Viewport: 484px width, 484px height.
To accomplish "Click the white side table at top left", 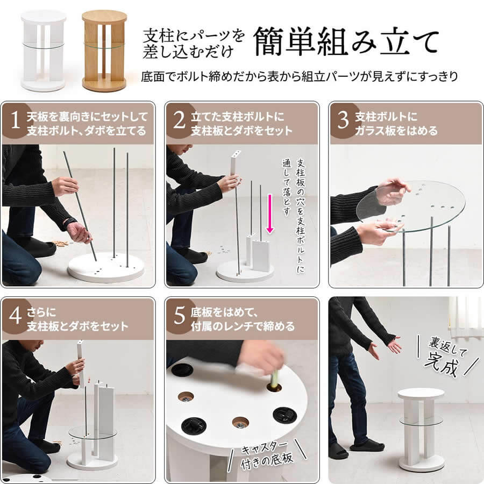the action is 44,51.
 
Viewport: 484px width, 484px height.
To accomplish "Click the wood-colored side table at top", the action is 105,51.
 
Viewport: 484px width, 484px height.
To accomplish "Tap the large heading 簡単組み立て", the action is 346,41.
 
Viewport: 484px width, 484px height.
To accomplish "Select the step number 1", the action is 15,120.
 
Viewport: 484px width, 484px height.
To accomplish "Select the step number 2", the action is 179,120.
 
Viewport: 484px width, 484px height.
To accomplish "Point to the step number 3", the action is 343,120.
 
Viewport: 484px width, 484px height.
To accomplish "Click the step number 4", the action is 15,316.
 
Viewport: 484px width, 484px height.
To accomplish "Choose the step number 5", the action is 179,316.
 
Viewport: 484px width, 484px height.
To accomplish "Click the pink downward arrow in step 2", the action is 270,213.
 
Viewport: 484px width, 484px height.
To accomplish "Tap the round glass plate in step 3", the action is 410,206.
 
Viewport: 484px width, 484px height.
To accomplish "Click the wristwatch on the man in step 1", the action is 70,222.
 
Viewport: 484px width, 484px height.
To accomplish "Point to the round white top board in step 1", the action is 106,267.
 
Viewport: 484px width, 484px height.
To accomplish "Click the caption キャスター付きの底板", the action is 267,455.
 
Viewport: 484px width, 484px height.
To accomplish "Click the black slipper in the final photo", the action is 367,447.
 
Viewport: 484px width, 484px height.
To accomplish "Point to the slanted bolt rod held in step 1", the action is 80,205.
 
